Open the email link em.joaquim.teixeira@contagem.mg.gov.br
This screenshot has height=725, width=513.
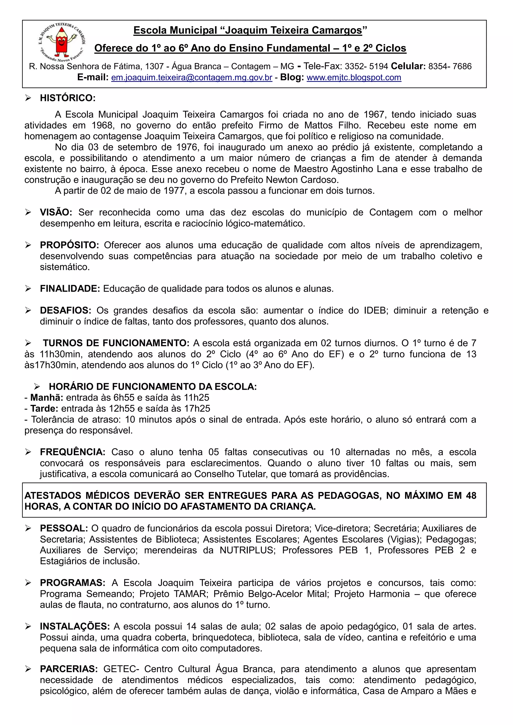pyautogui.click(x=191, y=78)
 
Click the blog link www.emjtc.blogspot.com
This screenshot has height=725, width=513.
pyautogui.click(x=354, y=78)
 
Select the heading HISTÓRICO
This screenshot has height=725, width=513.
pyautogui.click(x=68, y=98)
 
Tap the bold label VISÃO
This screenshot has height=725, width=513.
pyautogui.click(x=56, y=213)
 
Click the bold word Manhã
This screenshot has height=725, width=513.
pyautogui.click(x=47, y=398)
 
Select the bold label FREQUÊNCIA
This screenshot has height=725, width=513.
pyautogui.click(x=73, y=452)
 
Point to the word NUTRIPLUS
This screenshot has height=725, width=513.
pyautogui.click(x=247, y=550)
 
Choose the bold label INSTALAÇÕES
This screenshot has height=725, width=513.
pyautogui.click(x=75, y=626)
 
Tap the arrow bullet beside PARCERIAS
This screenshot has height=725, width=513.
pyautogui.click(x=28, y=669)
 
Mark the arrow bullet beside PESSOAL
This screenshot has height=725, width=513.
pyautogui.click(x=28, y=528)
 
